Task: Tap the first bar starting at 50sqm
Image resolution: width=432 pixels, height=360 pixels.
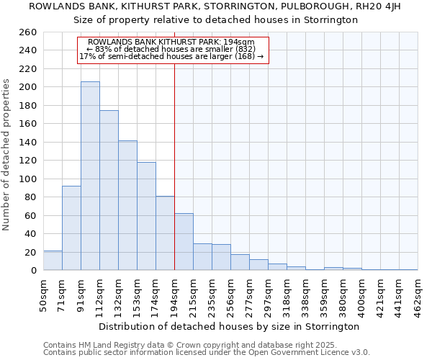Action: click(53, 261)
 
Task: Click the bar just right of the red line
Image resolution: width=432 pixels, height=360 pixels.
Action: click(184, 242)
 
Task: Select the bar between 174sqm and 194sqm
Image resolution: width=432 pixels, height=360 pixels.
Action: click(165, 233)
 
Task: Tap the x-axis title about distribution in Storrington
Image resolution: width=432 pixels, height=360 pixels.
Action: click(229, 326)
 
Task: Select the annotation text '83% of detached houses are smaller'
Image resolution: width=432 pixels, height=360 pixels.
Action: click(172, 49)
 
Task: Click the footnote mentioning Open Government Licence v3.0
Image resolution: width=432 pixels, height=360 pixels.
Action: click(207, 352)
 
